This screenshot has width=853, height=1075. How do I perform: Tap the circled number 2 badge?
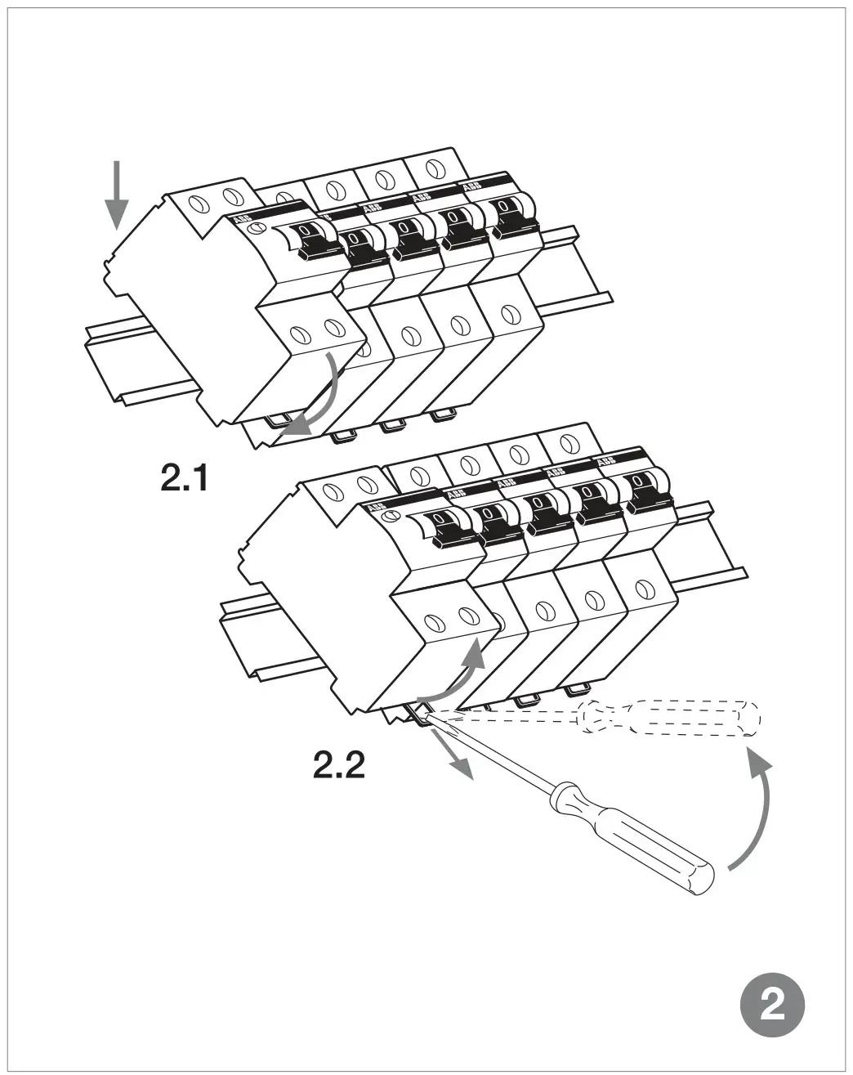click(772, 1004)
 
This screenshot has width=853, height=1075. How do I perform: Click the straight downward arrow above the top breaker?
click(117, 195)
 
